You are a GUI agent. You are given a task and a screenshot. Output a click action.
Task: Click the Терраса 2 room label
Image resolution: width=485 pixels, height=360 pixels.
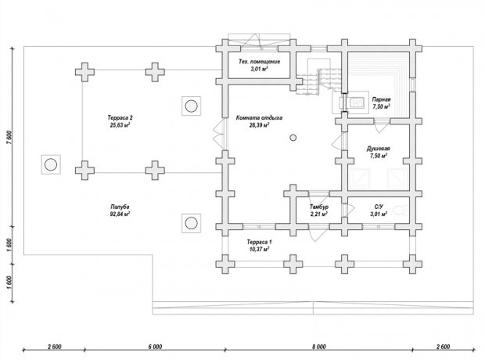coord(120,117)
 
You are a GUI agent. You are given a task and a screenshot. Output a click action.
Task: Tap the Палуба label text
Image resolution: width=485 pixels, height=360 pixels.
coord(120,207)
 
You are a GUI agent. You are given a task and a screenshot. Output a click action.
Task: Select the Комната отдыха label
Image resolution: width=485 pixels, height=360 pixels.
coord(259,117)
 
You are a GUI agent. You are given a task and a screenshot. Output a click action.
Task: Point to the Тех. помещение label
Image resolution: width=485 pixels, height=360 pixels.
coord(259,61)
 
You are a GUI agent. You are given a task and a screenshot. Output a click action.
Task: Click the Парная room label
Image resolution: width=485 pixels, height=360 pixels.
coord(381,99)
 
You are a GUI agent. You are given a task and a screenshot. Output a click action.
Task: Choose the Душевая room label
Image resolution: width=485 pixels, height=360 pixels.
coord(379,149)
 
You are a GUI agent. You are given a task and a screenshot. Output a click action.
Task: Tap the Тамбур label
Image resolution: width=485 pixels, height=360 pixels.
coord(319,207)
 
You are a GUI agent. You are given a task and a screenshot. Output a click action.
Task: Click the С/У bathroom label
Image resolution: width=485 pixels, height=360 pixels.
coord(379,207)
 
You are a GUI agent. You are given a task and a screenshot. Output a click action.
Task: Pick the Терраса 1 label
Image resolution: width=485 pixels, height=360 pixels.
coord(259,242)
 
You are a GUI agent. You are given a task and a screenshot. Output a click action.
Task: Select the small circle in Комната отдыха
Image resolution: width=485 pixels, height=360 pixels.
coord(293,138)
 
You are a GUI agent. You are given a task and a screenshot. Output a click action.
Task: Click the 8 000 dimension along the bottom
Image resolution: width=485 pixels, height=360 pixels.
coord(318,347)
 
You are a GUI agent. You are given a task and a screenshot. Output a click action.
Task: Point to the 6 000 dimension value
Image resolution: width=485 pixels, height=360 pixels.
coord(155,347)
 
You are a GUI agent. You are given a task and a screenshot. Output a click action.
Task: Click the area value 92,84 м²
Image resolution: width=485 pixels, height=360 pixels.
coord(120,214)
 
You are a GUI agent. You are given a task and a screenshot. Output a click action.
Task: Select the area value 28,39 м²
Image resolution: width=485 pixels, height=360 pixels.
coord(259,124)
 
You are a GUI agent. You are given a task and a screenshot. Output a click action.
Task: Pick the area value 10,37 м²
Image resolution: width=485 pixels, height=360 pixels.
coord(259,249)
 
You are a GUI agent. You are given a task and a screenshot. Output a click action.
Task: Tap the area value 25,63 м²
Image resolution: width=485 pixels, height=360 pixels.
coord(120,124)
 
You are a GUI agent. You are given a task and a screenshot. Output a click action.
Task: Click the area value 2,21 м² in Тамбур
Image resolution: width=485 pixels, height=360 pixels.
coord(319,214)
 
